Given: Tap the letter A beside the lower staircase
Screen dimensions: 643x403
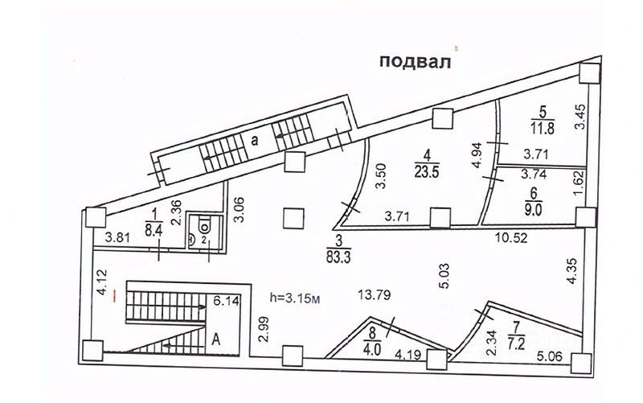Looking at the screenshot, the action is coord(216,339).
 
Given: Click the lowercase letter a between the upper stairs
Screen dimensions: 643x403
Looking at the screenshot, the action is coord(254,139).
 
